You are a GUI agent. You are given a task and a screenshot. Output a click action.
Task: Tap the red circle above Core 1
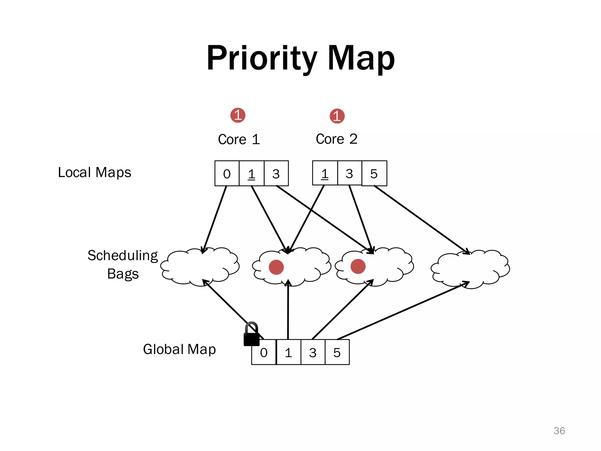(x=238, y=115)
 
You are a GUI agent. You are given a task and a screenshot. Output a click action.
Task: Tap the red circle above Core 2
(x=337, y=116)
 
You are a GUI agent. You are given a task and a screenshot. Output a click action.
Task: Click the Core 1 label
(x=239, y=139)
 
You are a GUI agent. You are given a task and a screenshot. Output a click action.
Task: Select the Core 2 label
(x=337, y=139)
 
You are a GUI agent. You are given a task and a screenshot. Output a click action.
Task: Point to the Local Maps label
(x=94, y=172)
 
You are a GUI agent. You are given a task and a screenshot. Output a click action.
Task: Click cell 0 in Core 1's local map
(x=227, y=174)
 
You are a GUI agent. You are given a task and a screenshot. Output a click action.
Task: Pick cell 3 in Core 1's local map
(x=276, y=174)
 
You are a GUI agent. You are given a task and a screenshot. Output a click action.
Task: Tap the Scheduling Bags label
(x=123, y=265)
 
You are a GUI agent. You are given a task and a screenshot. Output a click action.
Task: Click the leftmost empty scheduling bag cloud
(x=200, y=267)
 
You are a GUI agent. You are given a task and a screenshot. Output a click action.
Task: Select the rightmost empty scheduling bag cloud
(x=470, y=269)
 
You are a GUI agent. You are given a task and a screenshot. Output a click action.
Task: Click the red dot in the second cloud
(x=276, y=267)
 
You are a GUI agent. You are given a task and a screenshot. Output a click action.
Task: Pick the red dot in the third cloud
(x=358, y=266)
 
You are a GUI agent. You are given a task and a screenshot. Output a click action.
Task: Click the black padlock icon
(x=251, y=335)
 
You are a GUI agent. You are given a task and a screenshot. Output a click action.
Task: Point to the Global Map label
(x=179, y=349)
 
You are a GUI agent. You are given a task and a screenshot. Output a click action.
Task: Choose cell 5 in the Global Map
(x=337, y=352)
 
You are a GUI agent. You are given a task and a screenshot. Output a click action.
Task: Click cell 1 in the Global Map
(x=288, y=352)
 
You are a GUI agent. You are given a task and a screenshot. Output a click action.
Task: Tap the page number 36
(x=559, y=431)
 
